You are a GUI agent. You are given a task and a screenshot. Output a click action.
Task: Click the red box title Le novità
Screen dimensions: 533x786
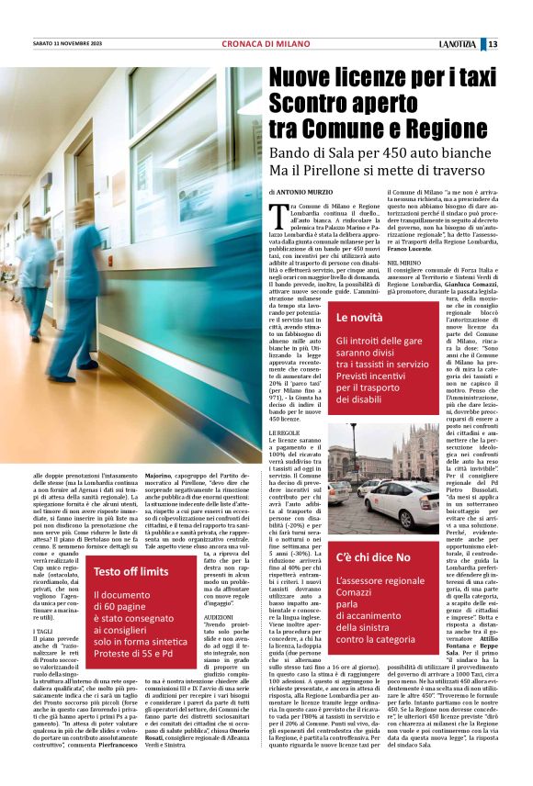359,318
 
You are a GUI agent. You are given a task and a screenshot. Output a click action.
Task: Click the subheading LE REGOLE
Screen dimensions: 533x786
284,432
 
